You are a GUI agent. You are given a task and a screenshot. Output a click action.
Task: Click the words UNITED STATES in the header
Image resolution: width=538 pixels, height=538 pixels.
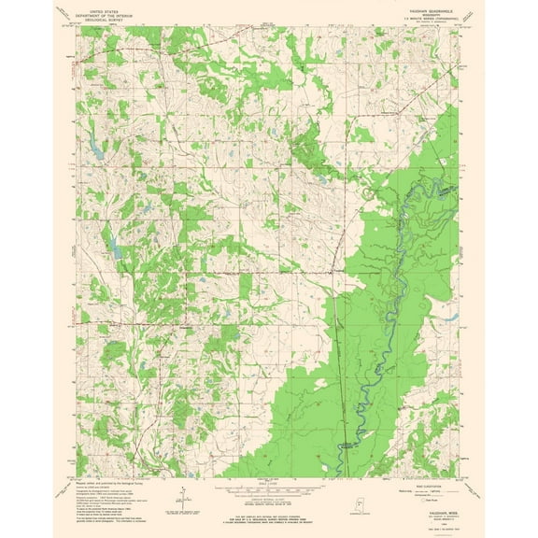point(106,6)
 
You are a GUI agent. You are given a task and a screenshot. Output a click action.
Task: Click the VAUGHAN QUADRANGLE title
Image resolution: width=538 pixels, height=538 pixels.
point(432,7)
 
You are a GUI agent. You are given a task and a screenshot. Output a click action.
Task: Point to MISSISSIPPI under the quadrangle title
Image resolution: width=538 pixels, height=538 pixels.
point(432,12)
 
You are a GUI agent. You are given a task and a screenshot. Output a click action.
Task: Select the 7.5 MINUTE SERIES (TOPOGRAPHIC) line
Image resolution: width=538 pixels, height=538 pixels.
point(432,17)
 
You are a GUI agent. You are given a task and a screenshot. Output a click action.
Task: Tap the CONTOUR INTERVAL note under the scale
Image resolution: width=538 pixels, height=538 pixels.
point(269,500)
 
